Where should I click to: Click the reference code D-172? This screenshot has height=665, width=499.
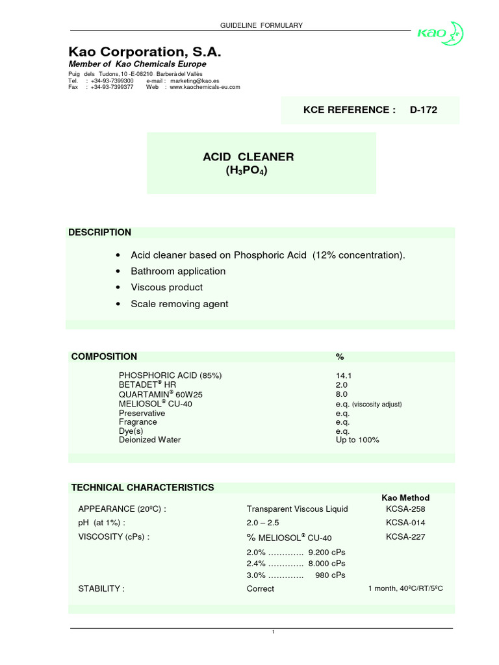pyautogui.click(x=423, y=110)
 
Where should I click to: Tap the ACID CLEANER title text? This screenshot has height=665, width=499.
pyautogui.click(x=249, y=157)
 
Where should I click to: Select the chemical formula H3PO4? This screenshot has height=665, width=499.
pyautogui.click(x=246, y=171)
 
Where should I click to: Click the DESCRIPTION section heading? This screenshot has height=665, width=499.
pyautogui.click(x=100, y=232)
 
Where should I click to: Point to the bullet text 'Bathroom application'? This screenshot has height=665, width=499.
pyautogui.click(x=178, y=271)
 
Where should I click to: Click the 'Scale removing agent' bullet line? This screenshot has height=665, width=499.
pyautogui.click(x=179, y=303)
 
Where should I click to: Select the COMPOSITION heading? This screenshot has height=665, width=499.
pyautogui.click(x=104, y=356)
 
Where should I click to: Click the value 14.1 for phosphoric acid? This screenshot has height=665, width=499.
pyautogui.click(x=342, y=375)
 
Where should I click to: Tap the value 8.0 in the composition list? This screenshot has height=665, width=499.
pyautogui.click(x=342, y=394)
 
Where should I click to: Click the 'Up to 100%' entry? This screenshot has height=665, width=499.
pyautogui.click(x=357, y=440)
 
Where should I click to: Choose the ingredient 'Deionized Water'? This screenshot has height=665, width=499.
pyautogui.click(x=149, y=440)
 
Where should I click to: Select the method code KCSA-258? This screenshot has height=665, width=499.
pyautogui.click(x=405, y=508)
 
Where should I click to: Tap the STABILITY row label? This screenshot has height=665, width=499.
pyautogui.click(x=101, y=588)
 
